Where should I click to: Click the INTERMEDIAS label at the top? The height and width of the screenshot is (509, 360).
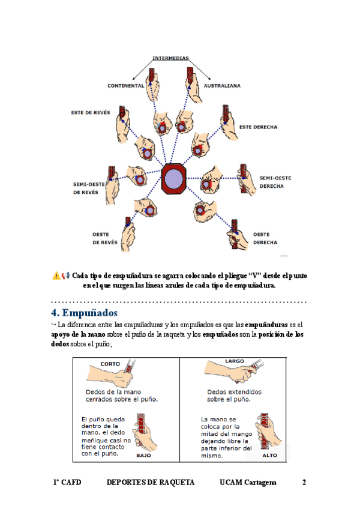[x=170, y=58]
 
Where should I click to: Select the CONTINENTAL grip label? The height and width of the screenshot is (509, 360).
[x=125, y=86]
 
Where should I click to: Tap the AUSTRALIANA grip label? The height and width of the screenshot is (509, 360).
[x=222, y=86]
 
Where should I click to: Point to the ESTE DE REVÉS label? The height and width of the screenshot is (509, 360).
[x=91, y=112]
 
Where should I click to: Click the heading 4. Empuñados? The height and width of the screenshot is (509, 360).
[x=84, y=313]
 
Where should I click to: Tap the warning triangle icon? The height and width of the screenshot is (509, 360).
[x=56, y=276]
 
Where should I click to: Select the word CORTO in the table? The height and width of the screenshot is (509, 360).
[x=110, y=364]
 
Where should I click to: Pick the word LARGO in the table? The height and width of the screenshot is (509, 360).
[x=235, y=361]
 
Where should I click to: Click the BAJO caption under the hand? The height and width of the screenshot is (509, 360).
[x=144, y=456]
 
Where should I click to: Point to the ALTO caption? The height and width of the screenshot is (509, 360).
[x=269, y=456]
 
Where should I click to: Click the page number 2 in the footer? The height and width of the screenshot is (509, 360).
[x=304, y=483]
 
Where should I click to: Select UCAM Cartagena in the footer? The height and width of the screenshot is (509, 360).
[x=248, y=483]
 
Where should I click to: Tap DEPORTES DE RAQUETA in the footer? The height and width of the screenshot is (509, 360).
[x=150, y=483]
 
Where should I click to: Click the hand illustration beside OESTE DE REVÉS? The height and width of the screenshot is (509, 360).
[x=126, y=237]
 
